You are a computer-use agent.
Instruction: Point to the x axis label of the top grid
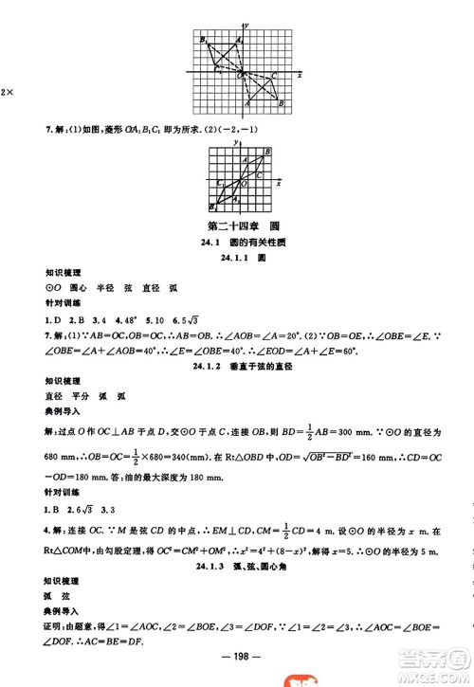coord(300,74)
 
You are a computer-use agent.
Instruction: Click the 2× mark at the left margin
coord(6,90)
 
